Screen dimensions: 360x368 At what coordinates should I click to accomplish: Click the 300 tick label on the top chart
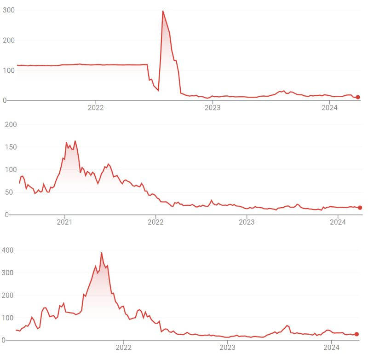pos(8,10)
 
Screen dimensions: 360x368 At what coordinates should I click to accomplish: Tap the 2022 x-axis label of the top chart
pos(96,108)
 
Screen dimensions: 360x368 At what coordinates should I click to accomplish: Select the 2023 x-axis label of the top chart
pos(213,108)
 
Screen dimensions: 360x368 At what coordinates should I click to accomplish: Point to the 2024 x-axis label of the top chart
pos(329,108)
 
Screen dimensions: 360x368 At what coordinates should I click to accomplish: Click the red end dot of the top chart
pos(358,97)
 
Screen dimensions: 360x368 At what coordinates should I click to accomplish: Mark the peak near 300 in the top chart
pos(163,11)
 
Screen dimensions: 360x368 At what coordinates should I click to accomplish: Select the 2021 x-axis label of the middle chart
pos(65,222)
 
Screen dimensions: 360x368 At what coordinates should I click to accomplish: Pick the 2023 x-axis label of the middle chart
pos(247,222)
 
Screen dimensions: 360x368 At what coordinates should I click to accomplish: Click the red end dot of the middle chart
pos(360,208)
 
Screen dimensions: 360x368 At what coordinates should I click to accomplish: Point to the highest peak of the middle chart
pos(75,141)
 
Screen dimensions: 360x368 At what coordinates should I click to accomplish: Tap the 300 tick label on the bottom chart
pos(8,273)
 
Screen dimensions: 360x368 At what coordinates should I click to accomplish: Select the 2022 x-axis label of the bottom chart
pos(124,348)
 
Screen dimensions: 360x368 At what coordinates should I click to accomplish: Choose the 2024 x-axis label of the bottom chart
pos(332,348)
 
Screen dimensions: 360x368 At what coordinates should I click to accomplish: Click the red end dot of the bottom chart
pos(356,334)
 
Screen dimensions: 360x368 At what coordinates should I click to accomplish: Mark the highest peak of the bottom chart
pos(101,253)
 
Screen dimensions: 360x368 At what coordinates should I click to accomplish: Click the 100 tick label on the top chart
pos(8,70)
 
